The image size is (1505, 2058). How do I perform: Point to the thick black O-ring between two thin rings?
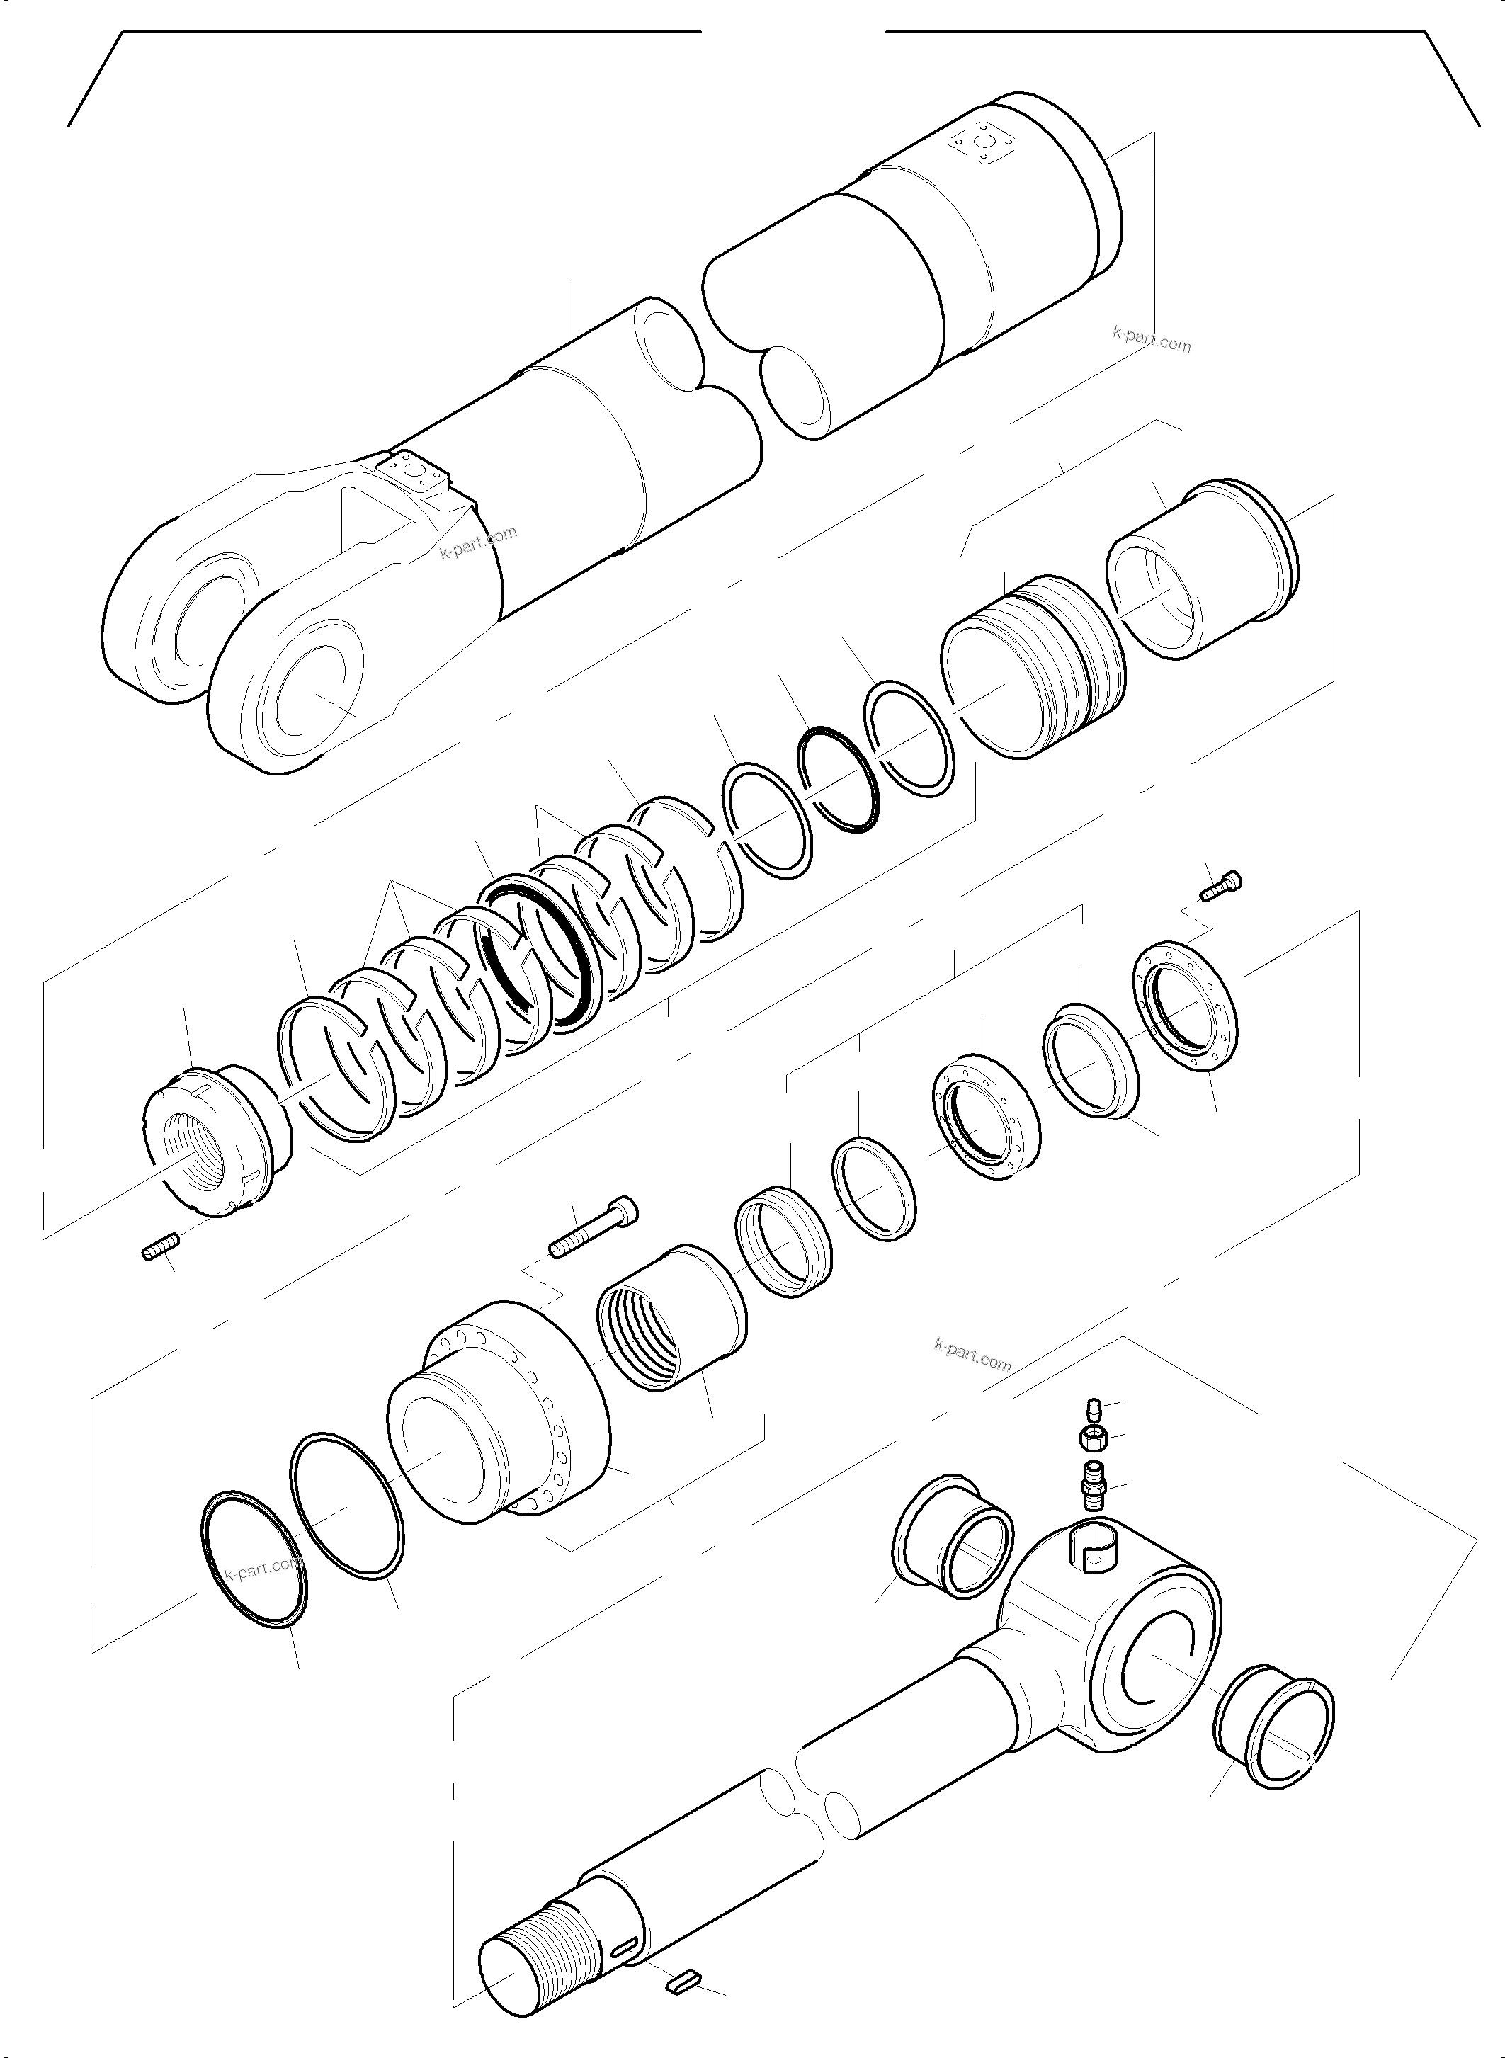click(838, 779)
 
